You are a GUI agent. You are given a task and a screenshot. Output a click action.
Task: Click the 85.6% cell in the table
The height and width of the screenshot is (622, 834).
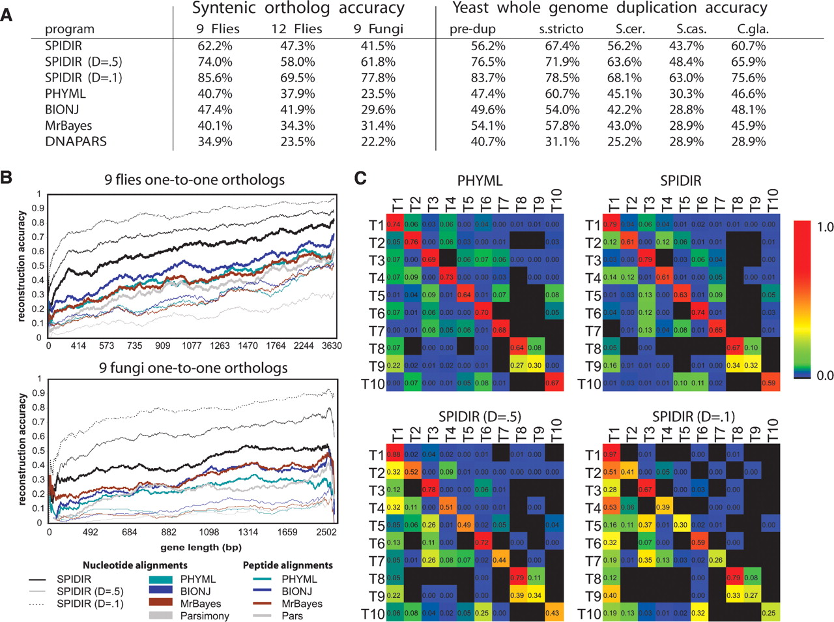point(215,78)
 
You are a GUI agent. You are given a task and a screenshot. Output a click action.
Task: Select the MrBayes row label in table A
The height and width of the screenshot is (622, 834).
point(68,125)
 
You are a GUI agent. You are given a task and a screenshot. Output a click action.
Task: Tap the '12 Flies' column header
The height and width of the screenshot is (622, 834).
point(296,29)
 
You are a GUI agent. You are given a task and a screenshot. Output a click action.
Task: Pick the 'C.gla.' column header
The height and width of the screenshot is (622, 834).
point(753,29)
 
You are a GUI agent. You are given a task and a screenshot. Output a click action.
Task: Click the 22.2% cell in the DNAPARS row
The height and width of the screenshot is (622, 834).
point(378,141)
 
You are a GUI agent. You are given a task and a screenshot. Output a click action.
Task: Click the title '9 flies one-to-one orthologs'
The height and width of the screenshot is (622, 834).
point(194,179)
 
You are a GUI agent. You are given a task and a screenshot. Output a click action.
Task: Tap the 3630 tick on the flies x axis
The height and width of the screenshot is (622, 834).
point(332,346)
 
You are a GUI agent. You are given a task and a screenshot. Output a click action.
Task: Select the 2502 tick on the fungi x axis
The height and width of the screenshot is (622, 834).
point(326,532)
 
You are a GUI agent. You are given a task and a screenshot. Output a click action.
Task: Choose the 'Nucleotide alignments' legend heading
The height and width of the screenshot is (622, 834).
point(135,565)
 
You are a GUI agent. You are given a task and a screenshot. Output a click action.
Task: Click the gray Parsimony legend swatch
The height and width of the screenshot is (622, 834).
point(161,615)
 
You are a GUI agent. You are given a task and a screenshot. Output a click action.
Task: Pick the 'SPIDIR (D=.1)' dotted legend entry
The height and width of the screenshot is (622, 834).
point(89,604)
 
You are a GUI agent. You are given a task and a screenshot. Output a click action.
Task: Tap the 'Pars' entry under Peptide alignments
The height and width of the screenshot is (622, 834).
point(292,615)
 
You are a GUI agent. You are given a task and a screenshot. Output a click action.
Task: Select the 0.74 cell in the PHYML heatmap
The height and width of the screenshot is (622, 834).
point(394,224)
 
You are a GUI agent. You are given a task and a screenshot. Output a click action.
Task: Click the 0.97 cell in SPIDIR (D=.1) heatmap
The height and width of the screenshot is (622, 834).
point(611,454)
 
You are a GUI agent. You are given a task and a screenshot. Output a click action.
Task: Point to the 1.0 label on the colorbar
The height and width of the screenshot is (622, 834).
point(825,227)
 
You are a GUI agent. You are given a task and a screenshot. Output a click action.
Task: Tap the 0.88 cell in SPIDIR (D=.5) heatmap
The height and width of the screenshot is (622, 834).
point(394,454)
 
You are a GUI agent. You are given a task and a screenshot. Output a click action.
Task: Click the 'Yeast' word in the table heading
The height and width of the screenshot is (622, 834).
point(470,8)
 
